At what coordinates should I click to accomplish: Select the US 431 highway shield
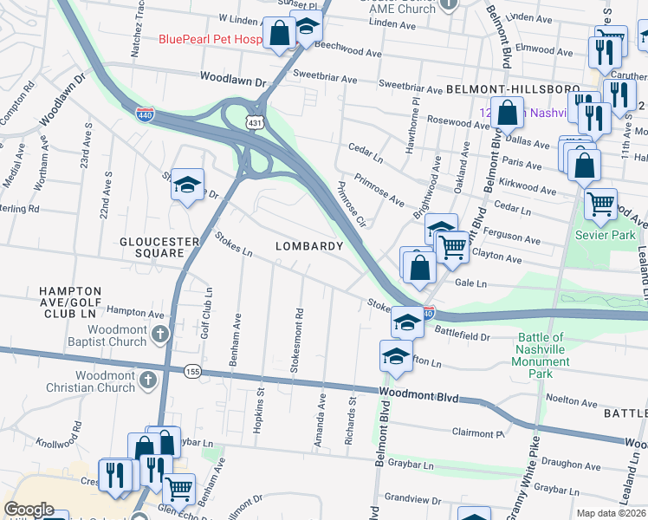254,124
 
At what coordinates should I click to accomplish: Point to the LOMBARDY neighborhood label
310,246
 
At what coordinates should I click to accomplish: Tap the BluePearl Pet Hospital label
210,39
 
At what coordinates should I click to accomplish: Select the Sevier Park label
607,235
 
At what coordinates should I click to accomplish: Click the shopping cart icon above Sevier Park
599,205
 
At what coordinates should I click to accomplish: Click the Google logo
29,510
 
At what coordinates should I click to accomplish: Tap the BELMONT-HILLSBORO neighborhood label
512,89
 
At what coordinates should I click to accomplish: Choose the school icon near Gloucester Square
187,185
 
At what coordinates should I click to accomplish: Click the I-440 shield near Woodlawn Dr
146,114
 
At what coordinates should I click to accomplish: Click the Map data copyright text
612,513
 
